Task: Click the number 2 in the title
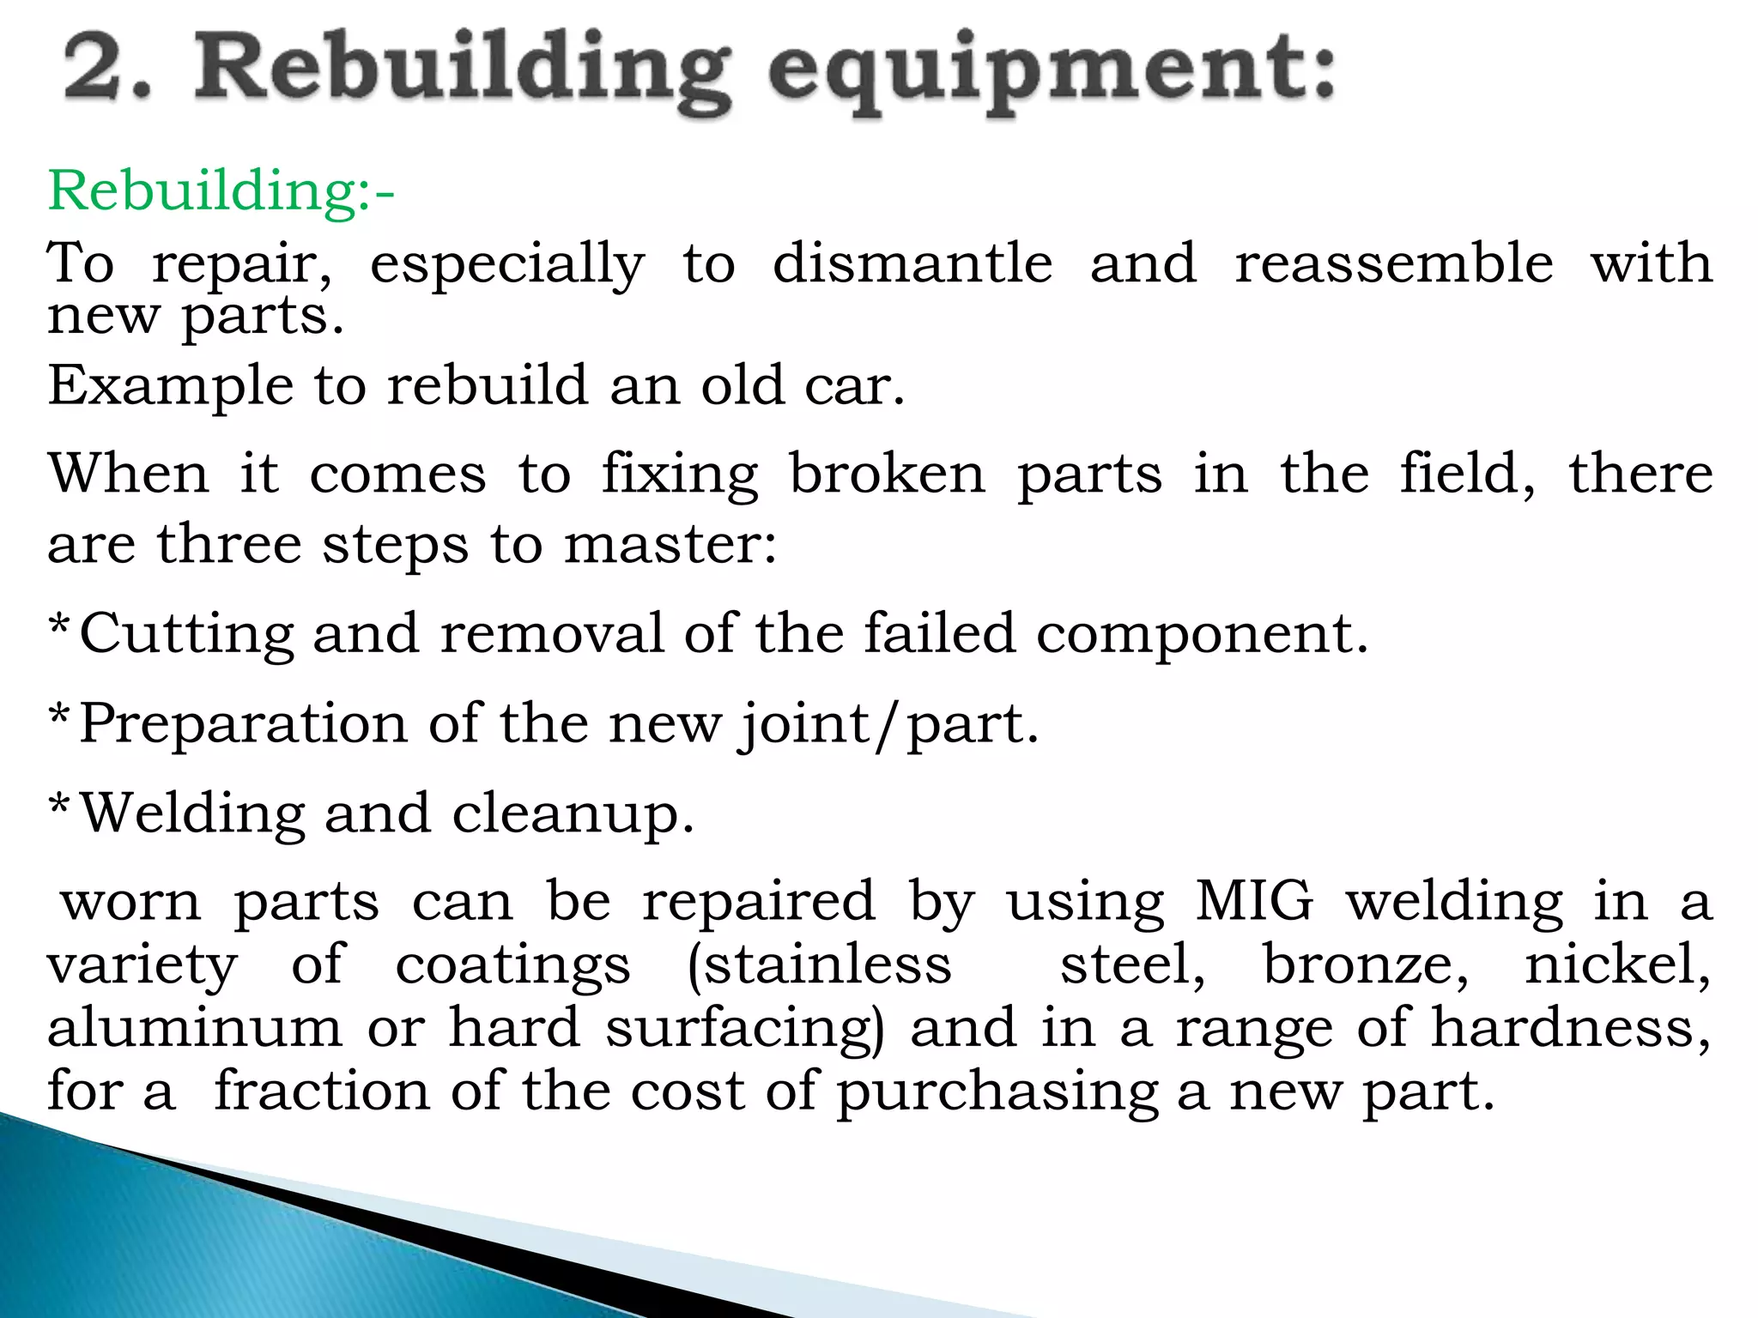point(95,69)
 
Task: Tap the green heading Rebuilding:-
point(221,190)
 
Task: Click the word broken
point(888,474)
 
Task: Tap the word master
point(670,544)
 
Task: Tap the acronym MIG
point(1254,902)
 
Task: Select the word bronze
point(1366,964)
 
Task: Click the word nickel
point(1617,964)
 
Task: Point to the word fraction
point(322,1091)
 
